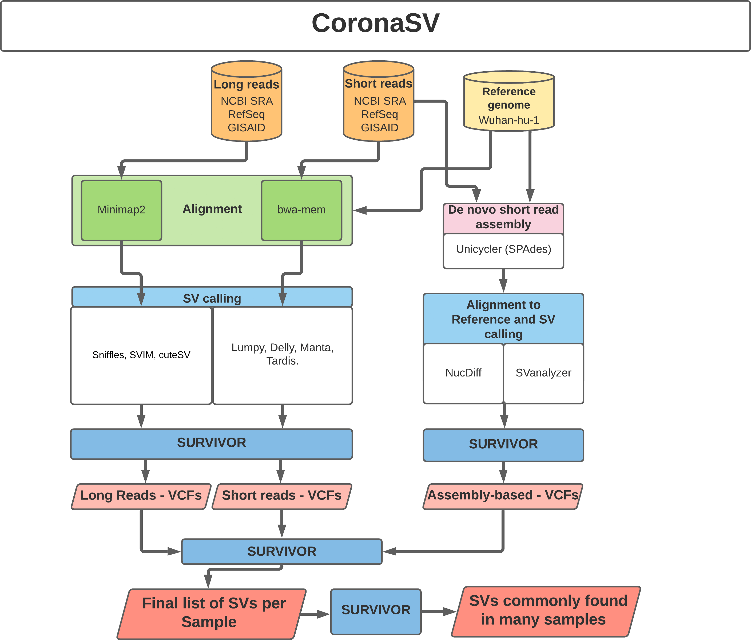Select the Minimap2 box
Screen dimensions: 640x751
[x=121, y=210]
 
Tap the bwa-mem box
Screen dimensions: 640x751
[x=301, y=210]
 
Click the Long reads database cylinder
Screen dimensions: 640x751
[x=247, y=105]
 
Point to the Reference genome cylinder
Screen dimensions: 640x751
[x=508, y=103]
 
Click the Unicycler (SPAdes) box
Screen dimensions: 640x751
[x=503, y=250]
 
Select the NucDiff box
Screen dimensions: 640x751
[x=463, y=373]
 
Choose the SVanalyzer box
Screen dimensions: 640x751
[x=543, y=373]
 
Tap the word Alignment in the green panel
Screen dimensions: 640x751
[x=212, y=209]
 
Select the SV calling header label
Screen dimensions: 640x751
[x=212, y=299]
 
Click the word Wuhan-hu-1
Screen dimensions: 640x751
[x=508, y=120]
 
